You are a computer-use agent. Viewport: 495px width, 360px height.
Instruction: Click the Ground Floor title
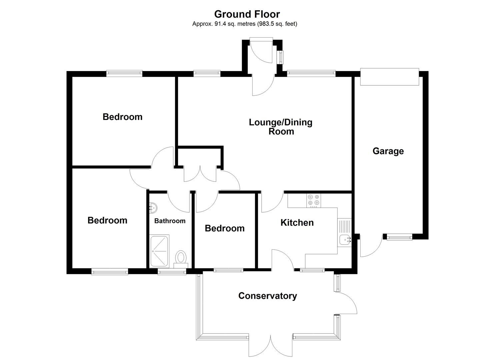click(247, 14)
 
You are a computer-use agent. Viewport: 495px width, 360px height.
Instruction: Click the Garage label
click(388, 151)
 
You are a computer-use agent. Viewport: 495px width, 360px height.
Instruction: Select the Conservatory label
click(267, 296)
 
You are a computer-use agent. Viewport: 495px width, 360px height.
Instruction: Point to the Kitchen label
click(297, 223)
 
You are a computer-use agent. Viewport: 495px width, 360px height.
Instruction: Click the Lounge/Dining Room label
click(281, 127)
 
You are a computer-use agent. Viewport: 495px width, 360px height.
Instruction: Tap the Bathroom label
click(170, 221)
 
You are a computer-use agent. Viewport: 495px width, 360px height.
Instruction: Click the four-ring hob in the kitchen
click(314, 200)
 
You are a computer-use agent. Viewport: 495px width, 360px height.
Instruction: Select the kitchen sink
click(344, 239)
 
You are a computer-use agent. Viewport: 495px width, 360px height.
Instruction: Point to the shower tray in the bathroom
click(160, 251)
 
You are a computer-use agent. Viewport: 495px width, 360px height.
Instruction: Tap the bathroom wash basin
click(153, 208)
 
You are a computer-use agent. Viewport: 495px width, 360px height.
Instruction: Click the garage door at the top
click(389, 77)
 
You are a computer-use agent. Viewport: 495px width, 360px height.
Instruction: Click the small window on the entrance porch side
click(282, 57)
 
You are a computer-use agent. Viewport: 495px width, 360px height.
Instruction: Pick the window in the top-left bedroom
click(124, 73)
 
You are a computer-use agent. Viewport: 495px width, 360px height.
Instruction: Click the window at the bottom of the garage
click(399, 237)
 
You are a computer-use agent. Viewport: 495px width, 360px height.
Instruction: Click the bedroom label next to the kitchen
click(224, 228)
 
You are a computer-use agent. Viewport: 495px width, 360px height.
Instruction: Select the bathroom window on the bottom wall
click(172, 272)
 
